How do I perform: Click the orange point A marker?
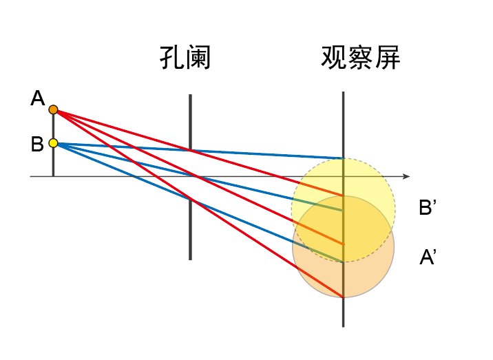tap(53, 109)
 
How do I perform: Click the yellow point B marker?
tap(53, 144)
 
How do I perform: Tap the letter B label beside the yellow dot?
tap(37, 145)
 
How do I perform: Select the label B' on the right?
tap(428, 208)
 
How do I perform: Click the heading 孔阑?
tap(184, 59)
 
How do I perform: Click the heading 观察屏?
tap(360, 59)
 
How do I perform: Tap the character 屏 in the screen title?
tap(387, 59)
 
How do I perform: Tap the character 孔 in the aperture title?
tap(171, 59)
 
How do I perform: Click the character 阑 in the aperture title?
tap(198, 59)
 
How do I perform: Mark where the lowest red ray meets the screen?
tap(343, 297)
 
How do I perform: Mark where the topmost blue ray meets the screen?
tap(343, 158)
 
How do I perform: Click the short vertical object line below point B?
tap(53, 162)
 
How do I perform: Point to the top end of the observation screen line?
tap(343, 94)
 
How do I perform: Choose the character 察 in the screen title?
tap(360, 59)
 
